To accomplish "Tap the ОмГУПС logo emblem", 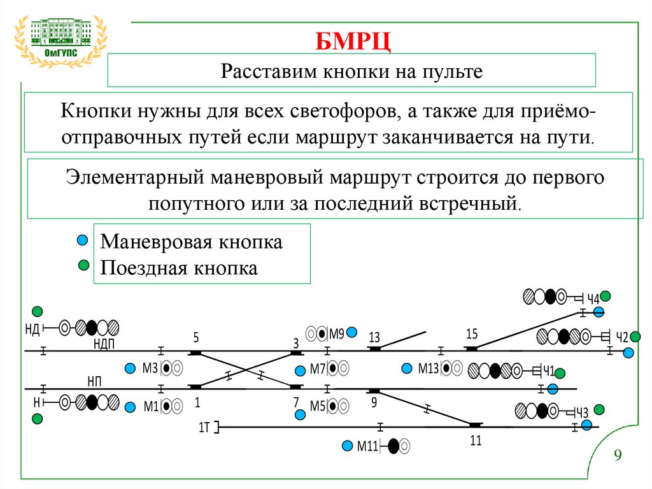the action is pos(61,40).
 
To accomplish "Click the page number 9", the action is pos(617,456).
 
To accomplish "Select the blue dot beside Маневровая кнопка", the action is pos(81,240).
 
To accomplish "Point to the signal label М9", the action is pos(336,333).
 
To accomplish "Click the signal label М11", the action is pos(367,446).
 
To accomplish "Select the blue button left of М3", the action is pos(131,368).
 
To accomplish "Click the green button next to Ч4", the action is pos(606,296).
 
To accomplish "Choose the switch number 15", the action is pos(471,333).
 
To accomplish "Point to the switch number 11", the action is pos(476,439).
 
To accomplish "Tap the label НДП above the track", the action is pos(103,344).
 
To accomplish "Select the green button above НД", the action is pos(38,311).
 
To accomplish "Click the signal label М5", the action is pos(317,405).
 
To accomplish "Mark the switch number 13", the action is pos(374,337).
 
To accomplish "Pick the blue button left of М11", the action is pos(347,446).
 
